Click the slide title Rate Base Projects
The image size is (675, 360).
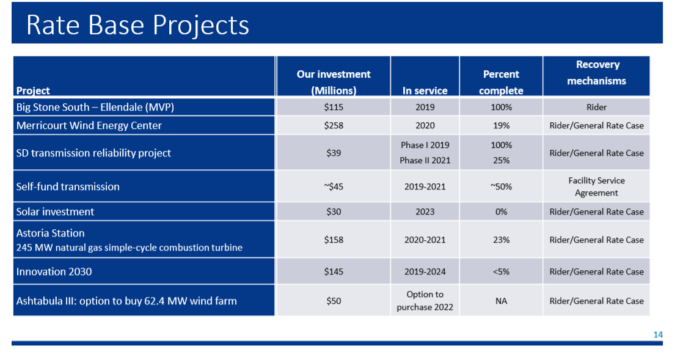(x=137, y=25)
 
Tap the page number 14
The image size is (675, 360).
(x=658, y=334)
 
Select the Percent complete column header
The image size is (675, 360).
(x=501, y=82)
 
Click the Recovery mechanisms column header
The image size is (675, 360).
(x=596, y=73)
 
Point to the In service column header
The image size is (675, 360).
(x=425, y=90)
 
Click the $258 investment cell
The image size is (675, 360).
(x=334, y=125)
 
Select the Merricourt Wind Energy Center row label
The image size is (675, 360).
(x=89, y=125)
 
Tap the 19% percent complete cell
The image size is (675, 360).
(x=501, y=125)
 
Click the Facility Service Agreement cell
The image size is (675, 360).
(x=596, y=186)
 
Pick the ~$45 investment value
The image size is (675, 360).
(x=334, y=186)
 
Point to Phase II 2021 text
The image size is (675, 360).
(x=425, y=160)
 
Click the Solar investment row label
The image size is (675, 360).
(x=55, y=211)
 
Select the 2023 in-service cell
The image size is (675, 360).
(x=425, y=211)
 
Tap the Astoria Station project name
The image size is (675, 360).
(x=50, y=233)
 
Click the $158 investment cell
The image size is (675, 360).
(x=334, y=240)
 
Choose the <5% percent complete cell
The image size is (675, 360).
(x=501, y=271)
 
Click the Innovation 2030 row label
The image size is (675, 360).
(x=54, y=271)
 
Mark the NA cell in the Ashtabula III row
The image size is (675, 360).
(x=501, y=301)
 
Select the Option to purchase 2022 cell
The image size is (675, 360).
(x=425, y=301)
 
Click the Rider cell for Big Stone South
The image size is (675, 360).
(x=596, y=107)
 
